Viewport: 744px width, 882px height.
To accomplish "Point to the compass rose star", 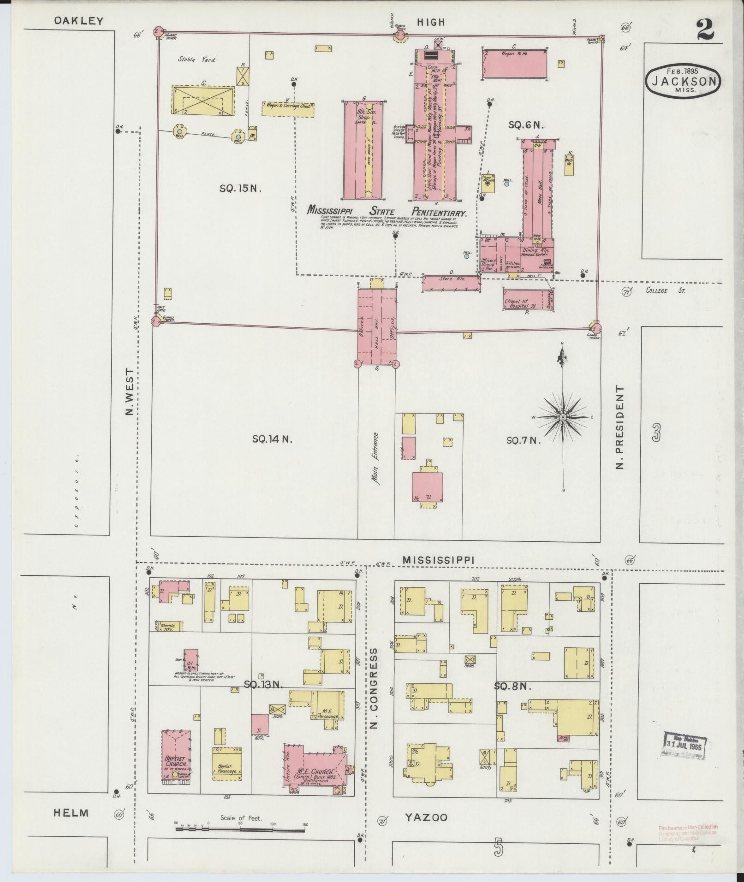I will click(x=563, y=417).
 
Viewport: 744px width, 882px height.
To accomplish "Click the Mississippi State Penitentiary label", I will click(x=387, y=212).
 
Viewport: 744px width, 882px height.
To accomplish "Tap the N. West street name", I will click(x=130, y=391).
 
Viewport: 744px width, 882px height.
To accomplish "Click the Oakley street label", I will click(x=78, y=21).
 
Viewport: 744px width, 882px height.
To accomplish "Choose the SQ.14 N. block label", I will click(x=272, y=439).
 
